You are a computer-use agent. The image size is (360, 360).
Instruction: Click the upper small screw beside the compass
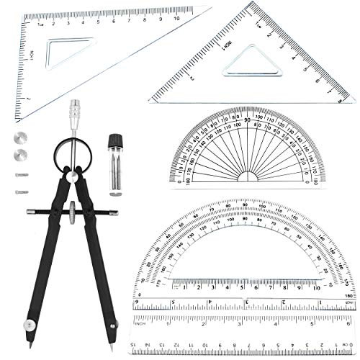coord(19,174)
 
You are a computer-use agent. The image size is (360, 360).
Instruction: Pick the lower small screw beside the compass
coord(19,191)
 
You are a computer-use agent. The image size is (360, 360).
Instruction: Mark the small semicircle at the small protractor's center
coord(247,178)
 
